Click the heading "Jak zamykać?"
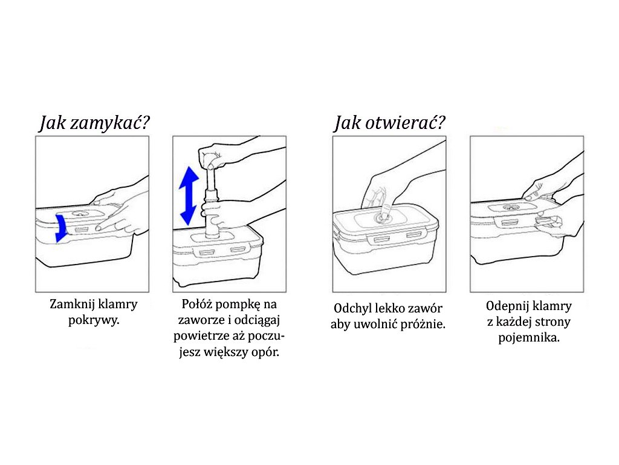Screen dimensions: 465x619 point(94,124)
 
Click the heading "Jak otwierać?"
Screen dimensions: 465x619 point(390,124)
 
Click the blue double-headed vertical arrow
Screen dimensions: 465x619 point(189,194)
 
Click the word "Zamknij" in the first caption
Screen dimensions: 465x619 point(73,304)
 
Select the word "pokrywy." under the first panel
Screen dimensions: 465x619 point(94,320)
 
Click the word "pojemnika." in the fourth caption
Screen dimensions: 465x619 point(529,338)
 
